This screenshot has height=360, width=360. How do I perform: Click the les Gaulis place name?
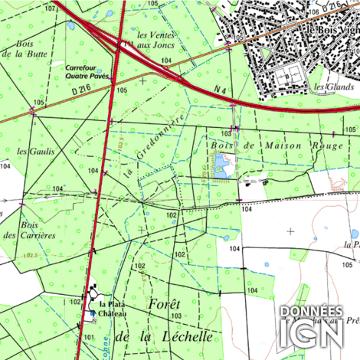point(41,152)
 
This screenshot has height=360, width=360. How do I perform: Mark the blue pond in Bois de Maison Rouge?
point(221,163)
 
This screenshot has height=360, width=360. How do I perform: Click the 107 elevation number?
point(51,8)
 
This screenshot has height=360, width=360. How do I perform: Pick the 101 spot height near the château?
point(88,336)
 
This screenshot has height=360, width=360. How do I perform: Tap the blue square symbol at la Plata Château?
point(93,313)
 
